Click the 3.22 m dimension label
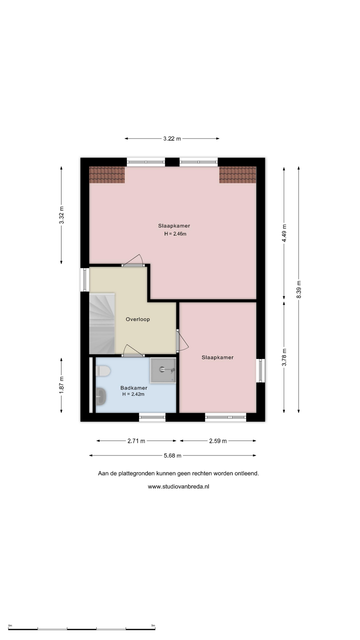click(x=172, y=139)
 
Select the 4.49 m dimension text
click(x=284, y=234)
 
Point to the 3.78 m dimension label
click(x=284, y=357)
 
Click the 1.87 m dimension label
click(x=62, y=385)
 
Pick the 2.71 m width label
click(x=136, y=441)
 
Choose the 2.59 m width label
click(x=218, y=441)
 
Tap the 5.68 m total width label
click(x=173, y=456)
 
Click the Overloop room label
click(x=138, y=319)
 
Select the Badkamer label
click(x=134, y=388)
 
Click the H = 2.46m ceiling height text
click(x=175, y=234)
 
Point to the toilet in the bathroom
click(x=103, y=371)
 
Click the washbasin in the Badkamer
click(x=101, y=396)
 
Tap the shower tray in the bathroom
click(x=163, y=370)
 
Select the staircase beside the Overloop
click(x=102, y=323)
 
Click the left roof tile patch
click(x=107, y=175)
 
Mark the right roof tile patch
click(x=238, y=175)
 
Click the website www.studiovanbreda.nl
click(x=179, y=486)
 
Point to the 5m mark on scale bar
click(x=153, y=626)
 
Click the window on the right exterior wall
click(x=261, y=371)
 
